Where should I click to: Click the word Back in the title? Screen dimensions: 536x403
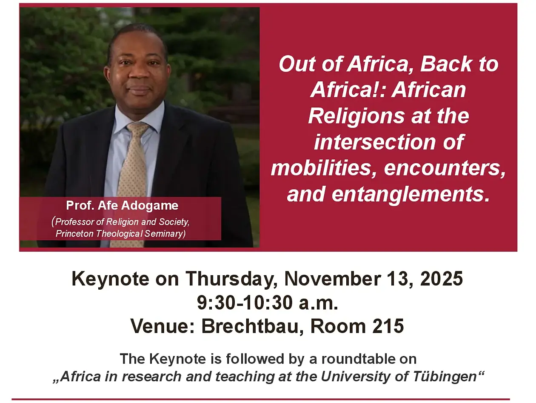pyautogui.click(x=446, y=64)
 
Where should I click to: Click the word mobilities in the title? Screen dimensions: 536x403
pyautogui.click(x=321, y=168)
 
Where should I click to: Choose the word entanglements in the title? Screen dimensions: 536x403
pyautogui.click(x=411, y=194)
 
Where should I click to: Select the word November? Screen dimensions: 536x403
pyautogui.click(x=333, y=279)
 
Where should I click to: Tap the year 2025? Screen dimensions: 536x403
pyautogui.click(x=441, y=279)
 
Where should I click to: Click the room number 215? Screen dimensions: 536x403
pyautogui.click(x=388, y=326)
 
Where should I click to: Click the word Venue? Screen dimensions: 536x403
pyautogui.click(x=163, y=326)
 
